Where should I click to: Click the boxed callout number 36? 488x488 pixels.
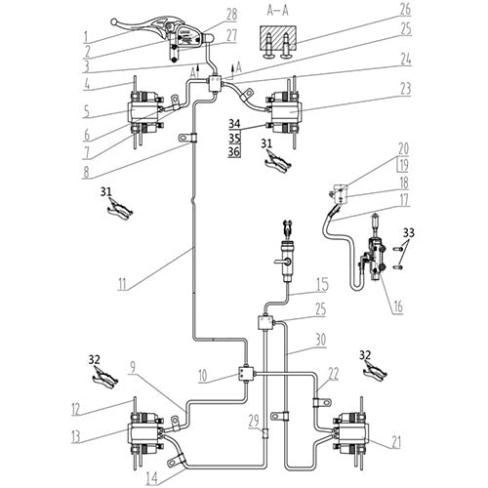pyautogui.click(x=234, y=152)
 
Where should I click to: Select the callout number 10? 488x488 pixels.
pyautogui.click(x=200, y=374)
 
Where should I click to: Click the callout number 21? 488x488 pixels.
pyautogui.click(x=394, y=414)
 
